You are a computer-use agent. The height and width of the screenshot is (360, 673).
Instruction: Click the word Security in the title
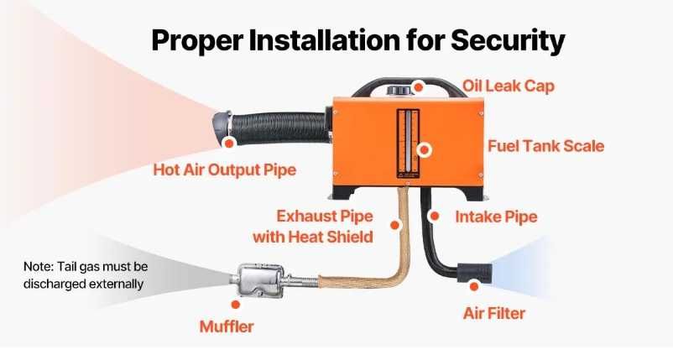(x=508, y=42)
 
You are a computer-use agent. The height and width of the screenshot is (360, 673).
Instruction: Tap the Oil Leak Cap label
(x=509, y=86)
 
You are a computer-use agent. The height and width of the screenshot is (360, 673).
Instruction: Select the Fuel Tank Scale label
(x=546, y=146)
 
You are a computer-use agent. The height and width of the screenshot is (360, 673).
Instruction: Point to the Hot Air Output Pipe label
(x=225, y=170)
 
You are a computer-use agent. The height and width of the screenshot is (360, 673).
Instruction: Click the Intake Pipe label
(x=496, y=217)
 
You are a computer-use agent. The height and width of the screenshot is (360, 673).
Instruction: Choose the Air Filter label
(x=494, y=313)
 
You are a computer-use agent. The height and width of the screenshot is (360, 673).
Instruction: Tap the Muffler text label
(x=227, y=326)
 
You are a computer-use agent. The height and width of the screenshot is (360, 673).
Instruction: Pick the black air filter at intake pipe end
(x=474, y=273)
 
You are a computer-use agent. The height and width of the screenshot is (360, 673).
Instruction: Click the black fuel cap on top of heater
(x=399, y=90)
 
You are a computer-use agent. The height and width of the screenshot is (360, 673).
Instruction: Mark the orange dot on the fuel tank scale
(x=425, y=149)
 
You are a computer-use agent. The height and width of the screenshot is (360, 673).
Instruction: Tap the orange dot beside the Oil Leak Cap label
(x=418, y=87)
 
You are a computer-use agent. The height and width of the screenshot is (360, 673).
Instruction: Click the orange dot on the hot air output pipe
(x=229, y=143)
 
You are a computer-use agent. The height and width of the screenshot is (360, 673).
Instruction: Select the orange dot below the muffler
(x=235, y=305)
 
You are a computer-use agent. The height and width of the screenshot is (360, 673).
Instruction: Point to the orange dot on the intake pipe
(x=435, y=216)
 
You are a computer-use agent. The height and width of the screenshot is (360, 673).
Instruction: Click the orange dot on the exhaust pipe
(x=395, y=225)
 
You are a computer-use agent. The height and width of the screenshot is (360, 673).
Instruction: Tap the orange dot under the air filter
(x=474, y=286)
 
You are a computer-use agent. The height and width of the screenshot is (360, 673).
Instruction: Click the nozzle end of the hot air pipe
(x=222, y=124)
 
